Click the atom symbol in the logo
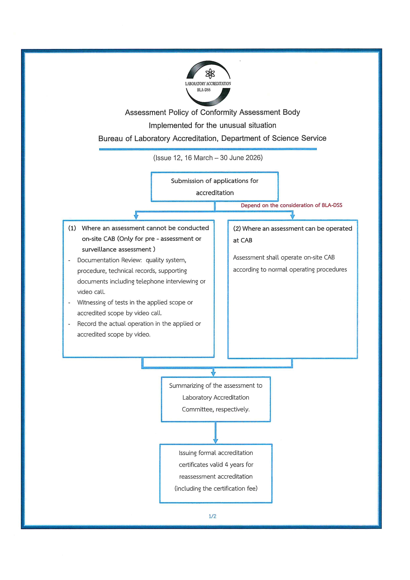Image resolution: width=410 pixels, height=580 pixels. pyautogui.click(x=210, y=74)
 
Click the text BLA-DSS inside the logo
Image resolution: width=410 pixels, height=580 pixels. pyautogui.click(x=204, y=90)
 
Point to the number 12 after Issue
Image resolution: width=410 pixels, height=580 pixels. pyautogui.click(x=177, y=158)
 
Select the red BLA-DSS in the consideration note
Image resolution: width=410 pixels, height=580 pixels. pyautogui.click(x=332, y=205)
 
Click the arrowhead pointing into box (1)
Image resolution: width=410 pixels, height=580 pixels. pyautogui.click(x=136, y=217)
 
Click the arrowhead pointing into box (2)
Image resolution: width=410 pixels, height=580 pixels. pyautogui.click(x=292, y=217)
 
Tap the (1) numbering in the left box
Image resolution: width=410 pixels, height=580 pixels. pyautogui.click(x=72, y=228)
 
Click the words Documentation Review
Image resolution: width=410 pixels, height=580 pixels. pyautogui.click(x=109, y=260)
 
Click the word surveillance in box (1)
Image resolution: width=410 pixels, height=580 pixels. pyautogui.click(x=98, y=249)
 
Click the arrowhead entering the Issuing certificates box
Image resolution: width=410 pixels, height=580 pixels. pyautogui.click(x=216, y=441)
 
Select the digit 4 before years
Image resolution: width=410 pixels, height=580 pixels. pyautogui.click(x=226, y=465)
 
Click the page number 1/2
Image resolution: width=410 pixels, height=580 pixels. pyautogui.click(x=212, y=516)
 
